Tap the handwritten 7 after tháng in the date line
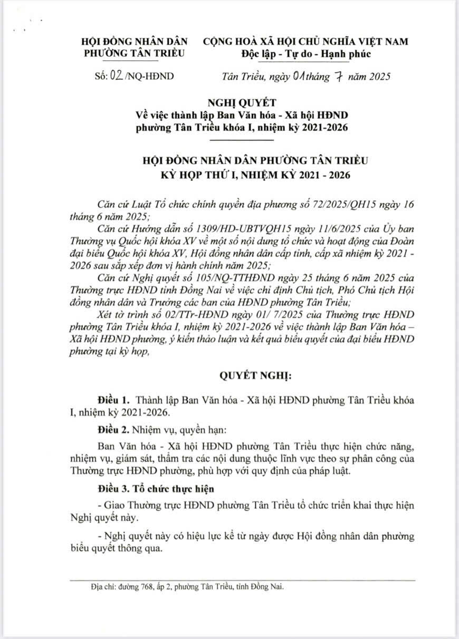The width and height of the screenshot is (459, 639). (x=340, y=76)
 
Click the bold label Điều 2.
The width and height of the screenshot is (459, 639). (x=113, y=429)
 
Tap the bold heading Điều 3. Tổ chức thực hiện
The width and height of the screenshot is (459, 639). (x=155, y=488)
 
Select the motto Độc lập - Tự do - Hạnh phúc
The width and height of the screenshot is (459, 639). (x=307, y=53)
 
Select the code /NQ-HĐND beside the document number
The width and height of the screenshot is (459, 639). (x=149, y=76)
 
